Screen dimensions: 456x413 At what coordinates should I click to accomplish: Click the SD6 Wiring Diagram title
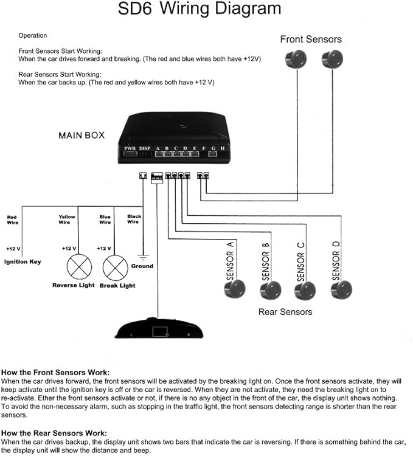207,9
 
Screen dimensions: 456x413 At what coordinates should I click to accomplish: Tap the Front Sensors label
311,40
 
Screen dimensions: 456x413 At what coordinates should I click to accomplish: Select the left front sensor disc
296,58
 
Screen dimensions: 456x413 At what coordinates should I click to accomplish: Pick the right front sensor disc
332,58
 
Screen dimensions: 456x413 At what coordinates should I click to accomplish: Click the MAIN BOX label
82,135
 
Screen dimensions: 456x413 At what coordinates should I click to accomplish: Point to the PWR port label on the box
130,148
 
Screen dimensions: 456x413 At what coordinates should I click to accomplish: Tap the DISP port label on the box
145,148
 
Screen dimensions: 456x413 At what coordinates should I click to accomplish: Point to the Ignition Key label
23,262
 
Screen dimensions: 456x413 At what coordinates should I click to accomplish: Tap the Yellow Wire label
67,219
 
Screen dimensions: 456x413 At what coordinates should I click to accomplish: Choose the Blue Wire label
105,219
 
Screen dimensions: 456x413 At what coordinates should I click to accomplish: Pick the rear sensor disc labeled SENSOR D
342,288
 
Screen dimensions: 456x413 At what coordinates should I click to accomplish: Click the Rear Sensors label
285,312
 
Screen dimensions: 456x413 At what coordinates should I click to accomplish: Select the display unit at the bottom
158,328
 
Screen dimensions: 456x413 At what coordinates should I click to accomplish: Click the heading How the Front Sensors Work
55,372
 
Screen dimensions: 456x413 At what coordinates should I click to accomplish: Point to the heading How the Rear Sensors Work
54,433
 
